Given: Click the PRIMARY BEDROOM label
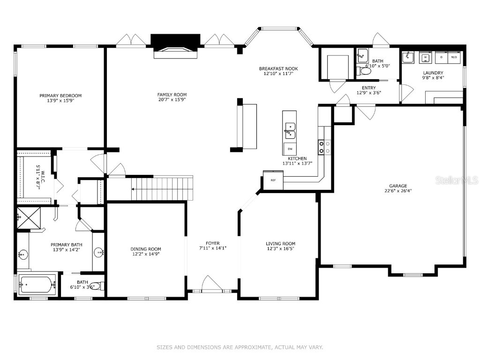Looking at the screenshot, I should coord(60,96).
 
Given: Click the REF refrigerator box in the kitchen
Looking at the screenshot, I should coord(273,180).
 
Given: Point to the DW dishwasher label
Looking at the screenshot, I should coord(290,149).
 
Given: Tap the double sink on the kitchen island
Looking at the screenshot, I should coord(290,131).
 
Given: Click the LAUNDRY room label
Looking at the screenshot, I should coord(433,73).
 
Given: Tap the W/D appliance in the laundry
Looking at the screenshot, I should coord(454,57).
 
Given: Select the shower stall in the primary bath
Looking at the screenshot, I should coord(28,217).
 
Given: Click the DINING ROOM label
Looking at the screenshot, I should coord(146,249).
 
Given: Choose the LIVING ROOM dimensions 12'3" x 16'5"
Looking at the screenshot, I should coord(280,249).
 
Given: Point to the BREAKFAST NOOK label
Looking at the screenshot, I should coord(278,69).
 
